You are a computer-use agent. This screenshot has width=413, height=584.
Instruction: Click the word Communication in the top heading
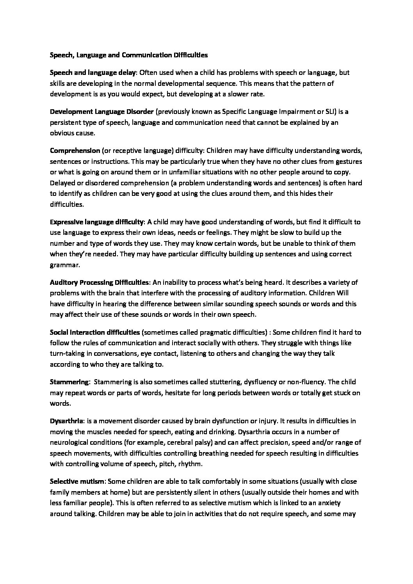pos(145,55)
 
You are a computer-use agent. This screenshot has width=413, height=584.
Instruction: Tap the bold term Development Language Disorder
pos(101,112)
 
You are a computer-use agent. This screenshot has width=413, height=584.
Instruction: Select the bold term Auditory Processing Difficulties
pos(100,282)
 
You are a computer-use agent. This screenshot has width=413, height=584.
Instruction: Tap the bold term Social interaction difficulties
pos(95,332)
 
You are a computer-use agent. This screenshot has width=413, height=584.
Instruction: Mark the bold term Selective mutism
pos(77,481)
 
